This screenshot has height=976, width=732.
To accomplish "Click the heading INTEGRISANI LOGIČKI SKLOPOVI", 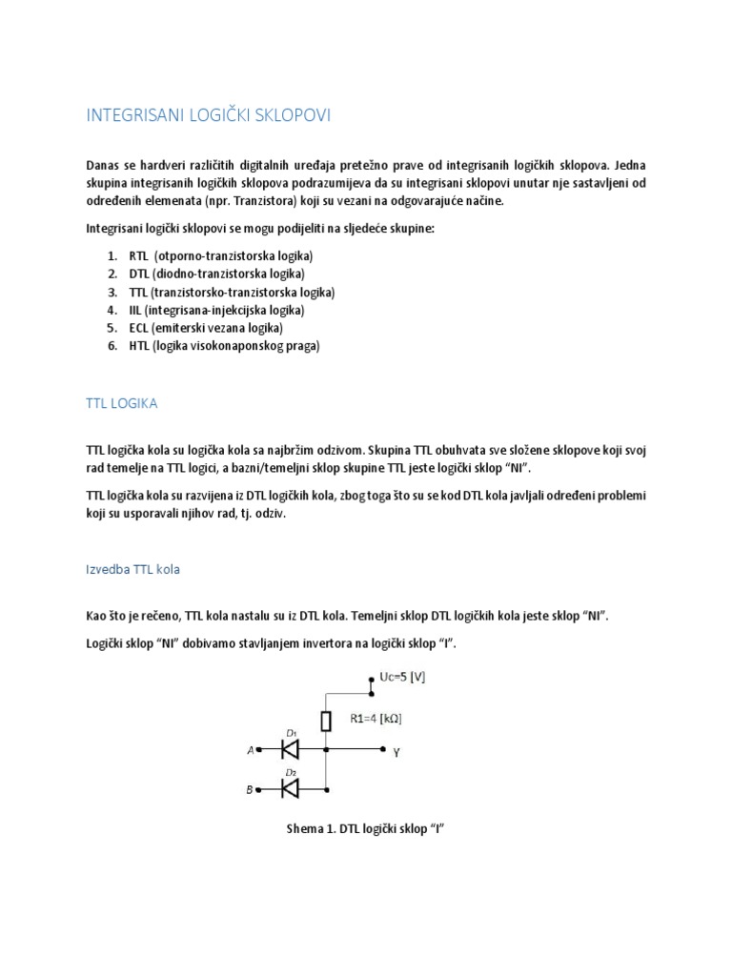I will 209,116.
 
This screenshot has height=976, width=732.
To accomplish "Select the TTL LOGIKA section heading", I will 122,403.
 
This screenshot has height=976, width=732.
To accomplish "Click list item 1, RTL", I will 209,256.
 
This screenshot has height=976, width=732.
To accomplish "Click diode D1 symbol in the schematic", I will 290,750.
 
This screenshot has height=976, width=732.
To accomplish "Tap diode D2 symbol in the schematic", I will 290,787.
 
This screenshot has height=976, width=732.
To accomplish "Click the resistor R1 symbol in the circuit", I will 326,720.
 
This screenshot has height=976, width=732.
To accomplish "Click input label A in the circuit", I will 251,751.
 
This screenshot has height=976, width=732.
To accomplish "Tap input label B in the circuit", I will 251,789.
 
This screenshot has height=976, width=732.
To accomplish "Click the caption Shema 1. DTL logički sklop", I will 366,829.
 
